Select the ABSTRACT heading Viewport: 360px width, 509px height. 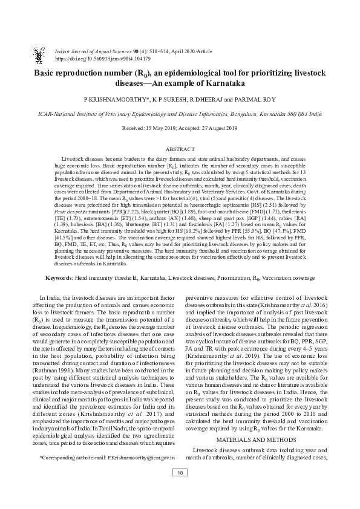point(180,148)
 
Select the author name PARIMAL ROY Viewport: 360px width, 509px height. point(257,98)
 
